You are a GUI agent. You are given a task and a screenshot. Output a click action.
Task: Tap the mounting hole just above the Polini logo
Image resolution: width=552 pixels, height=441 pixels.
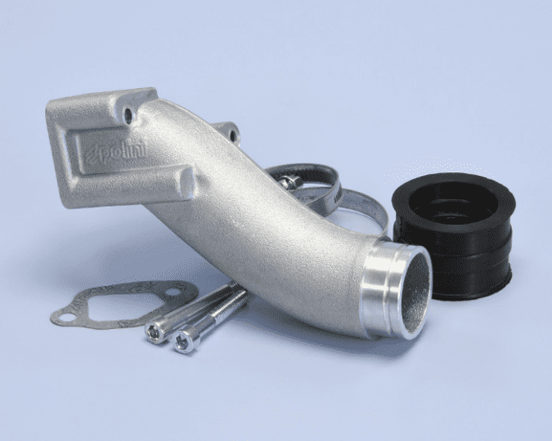[128, 115]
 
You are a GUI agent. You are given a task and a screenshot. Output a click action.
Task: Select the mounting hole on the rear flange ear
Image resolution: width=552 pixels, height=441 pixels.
[233, 135]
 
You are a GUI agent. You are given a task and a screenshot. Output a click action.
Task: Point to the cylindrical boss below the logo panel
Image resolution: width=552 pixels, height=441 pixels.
[186, 182]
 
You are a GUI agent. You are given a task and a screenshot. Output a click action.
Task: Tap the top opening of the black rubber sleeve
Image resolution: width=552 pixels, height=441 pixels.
[454, 204]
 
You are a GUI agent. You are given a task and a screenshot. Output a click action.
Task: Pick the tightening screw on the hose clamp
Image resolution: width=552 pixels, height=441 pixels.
[289, 181]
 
